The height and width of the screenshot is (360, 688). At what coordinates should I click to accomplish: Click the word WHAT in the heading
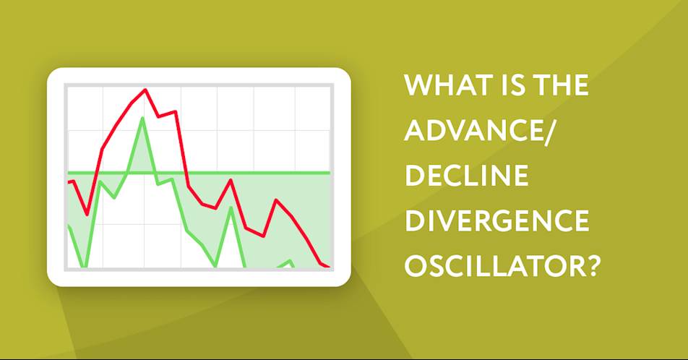[x=447, y=85]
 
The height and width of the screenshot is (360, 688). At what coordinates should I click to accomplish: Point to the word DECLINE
[x=466, y=176]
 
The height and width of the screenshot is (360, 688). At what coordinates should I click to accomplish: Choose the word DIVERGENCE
[x=497, y=220]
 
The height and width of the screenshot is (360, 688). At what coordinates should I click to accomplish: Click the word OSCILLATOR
[x=491, y=266]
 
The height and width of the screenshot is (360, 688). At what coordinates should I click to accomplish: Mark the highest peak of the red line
[x=145, y=90]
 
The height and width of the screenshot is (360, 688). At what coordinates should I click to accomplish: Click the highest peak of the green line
[x=142, y=118]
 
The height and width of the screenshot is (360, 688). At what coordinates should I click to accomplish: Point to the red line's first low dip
[x=87, y=215]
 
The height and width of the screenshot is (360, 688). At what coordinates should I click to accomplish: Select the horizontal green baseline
[x=199, y=173]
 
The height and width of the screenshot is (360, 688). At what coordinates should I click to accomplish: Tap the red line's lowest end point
[x=328, y=267]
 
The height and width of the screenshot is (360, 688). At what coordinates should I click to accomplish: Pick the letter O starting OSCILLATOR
[x=416, y=266]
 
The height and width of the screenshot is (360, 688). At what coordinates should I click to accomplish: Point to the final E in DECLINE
[x=521, y=176]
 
